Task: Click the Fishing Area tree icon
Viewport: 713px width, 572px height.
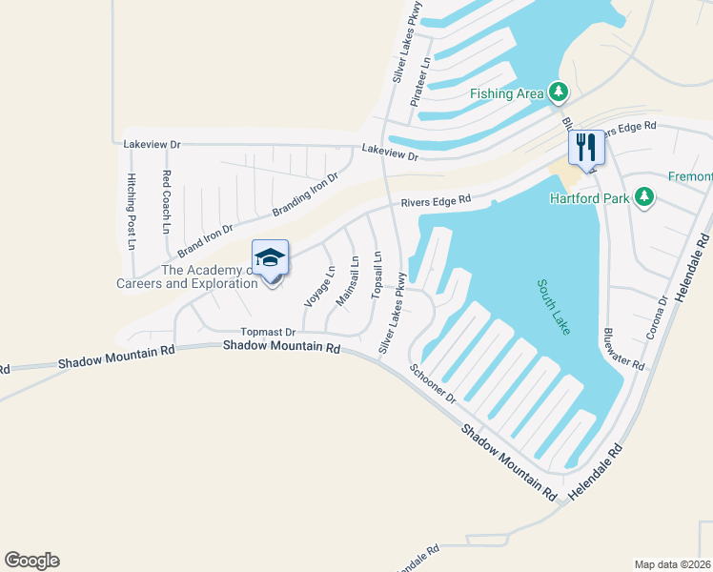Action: pos(559,92)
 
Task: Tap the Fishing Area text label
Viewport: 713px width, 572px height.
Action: pos(506,93)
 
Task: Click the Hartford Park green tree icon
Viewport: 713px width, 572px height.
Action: pos(645,197)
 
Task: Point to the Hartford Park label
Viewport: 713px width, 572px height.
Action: pos(591,198)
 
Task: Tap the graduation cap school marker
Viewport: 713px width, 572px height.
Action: pos(270,258)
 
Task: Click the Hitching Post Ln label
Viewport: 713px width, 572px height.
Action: pos(132,212)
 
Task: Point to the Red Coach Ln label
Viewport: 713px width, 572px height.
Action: pos(166,202)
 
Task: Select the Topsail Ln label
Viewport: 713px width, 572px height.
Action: pos(377,275)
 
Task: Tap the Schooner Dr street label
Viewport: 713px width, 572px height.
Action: pos(434,382)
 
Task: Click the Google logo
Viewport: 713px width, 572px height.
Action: pos(31,561)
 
